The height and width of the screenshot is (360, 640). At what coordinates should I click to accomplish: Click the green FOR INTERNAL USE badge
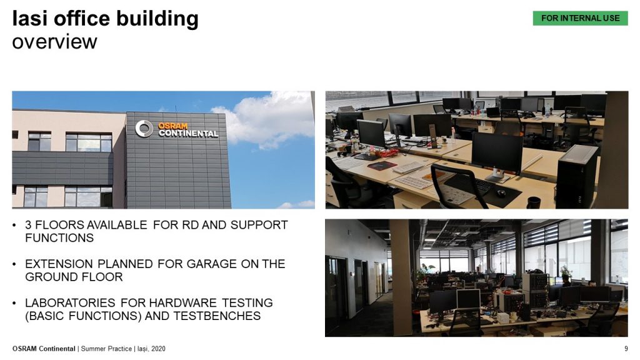coord(580,18)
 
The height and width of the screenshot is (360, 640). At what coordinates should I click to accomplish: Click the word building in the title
coord(157,19)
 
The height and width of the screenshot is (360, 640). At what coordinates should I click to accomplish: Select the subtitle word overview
coord(55,42)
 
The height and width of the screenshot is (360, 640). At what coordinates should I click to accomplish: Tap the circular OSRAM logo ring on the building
coord(144,129)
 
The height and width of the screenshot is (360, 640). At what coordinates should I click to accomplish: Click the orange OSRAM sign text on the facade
coord(172,126)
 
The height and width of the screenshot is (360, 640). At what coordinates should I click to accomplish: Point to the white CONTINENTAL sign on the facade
coord(188,134)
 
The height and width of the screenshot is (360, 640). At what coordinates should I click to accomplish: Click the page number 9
coord(626,349)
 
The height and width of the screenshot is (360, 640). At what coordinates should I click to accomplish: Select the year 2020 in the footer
coord(158,349)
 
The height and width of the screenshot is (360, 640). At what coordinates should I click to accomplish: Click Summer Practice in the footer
coord(106,349)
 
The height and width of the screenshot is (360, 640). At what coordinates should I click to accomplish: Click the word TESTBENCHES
coord(217,316)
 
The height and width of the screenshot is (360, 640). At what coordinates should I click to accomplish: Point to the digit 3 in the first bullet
coord(28,225)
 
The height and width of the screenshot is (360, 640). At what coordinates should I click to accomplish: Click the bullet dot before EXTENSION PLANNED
coord(15,264)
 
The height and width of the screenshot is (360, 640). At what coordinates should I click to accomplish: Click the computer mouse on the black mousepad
coord(501,193)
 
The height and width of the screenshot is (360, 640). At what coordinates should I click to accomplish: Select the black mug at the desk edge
coord(534,202)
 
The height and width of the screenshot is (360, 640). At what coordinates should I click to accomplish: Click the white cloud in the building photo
coord(267,119)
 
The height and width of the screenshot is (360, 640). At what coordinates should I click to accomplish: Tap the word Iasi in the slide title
coord(30,18)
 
